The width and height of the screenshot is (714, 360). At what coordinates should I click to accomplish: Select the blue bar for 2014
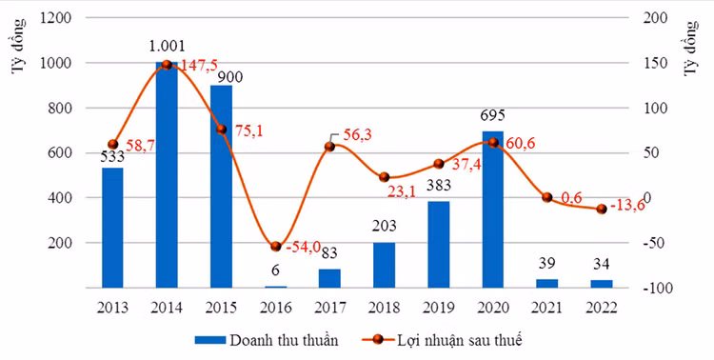167,175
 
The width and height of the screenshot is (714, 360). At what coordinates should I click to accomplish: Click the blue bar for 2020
493,210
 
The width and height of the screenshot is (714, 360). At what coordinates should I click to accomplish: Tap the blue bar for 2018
384,265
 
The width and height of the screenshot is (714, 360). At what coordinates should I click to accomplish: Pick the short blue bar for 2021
546,284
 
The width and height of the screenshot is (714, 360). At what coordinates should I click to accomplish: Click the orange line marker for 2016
275,247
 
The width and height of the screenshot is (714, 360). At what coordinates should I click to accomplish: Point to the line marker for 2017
329,147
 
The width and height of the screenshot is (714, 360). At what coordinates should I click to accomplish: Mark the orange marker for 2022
602,210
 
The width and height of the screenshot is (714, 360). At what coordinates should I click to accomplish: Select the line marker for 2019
439,164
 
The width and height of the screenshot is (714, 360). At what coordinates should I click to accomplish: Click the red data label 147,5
197,65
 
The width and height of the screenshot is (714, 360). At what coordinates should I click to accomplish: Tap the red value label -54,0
304,248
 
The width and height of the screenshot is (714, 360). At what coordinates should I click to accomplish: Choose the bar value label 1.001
168,46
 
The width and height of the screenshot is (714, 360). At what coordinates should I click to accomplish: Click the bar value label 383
439,186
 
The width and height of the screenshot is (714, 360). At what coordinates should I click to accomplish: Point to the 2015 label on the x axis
221,308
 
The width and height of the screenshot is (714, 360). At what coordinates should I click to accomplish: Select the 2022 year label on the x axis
601,308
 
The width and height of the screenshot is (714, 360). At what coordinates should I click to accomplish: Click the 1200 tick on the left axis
56,18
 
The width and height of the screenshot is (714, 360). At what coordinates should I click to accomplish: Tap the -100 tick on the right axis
654,289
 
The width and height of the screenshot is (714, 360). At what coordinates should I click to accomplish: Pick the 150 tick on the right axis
651,64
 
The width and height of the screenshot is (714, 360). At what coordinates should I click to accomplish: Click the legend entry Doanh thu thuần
267,340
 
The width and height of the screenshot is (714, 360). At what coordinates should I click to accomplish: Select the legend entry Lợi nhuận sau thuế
442,340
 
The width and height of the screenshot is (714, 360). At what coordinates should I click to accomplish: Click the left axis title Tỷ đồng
18,46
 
